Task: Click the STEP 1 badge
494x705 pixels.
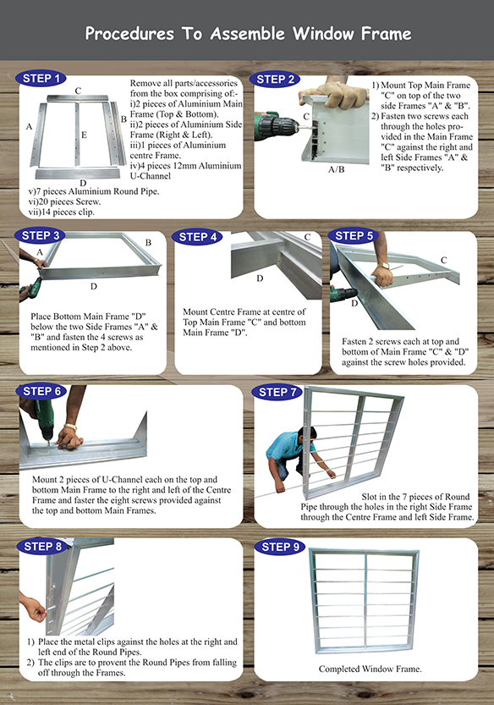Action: click(41, 78)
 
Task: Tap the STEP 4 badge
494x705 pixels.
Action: click(197, 237)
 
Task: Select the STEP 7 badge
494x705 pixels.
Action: click(277, 392)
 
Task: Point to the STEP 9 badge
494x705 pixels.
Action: click(280, 547)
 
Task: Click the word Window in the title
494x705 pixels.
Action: click(323, 34)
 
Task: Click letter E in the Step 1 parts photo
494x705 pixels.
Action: click(84, 135)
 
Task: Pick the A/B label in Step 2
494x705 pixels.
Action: click(336, 169)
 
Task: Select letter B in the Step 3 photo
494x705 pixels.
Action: click(148, 242)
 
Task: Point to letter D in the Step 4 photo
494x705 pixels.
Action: click(260, 278)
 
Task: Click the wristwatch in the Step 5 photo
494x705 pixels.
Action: click(384, 266)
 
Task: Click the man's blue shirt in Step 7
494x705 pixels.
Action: click(285, 446)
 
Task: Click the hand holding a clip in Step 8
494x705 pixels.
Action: click(34, 607)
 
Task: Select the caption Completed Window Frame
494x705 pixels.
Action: click(370, 669)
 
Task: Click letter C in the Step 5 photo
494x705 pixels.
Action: click(443, 260)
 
